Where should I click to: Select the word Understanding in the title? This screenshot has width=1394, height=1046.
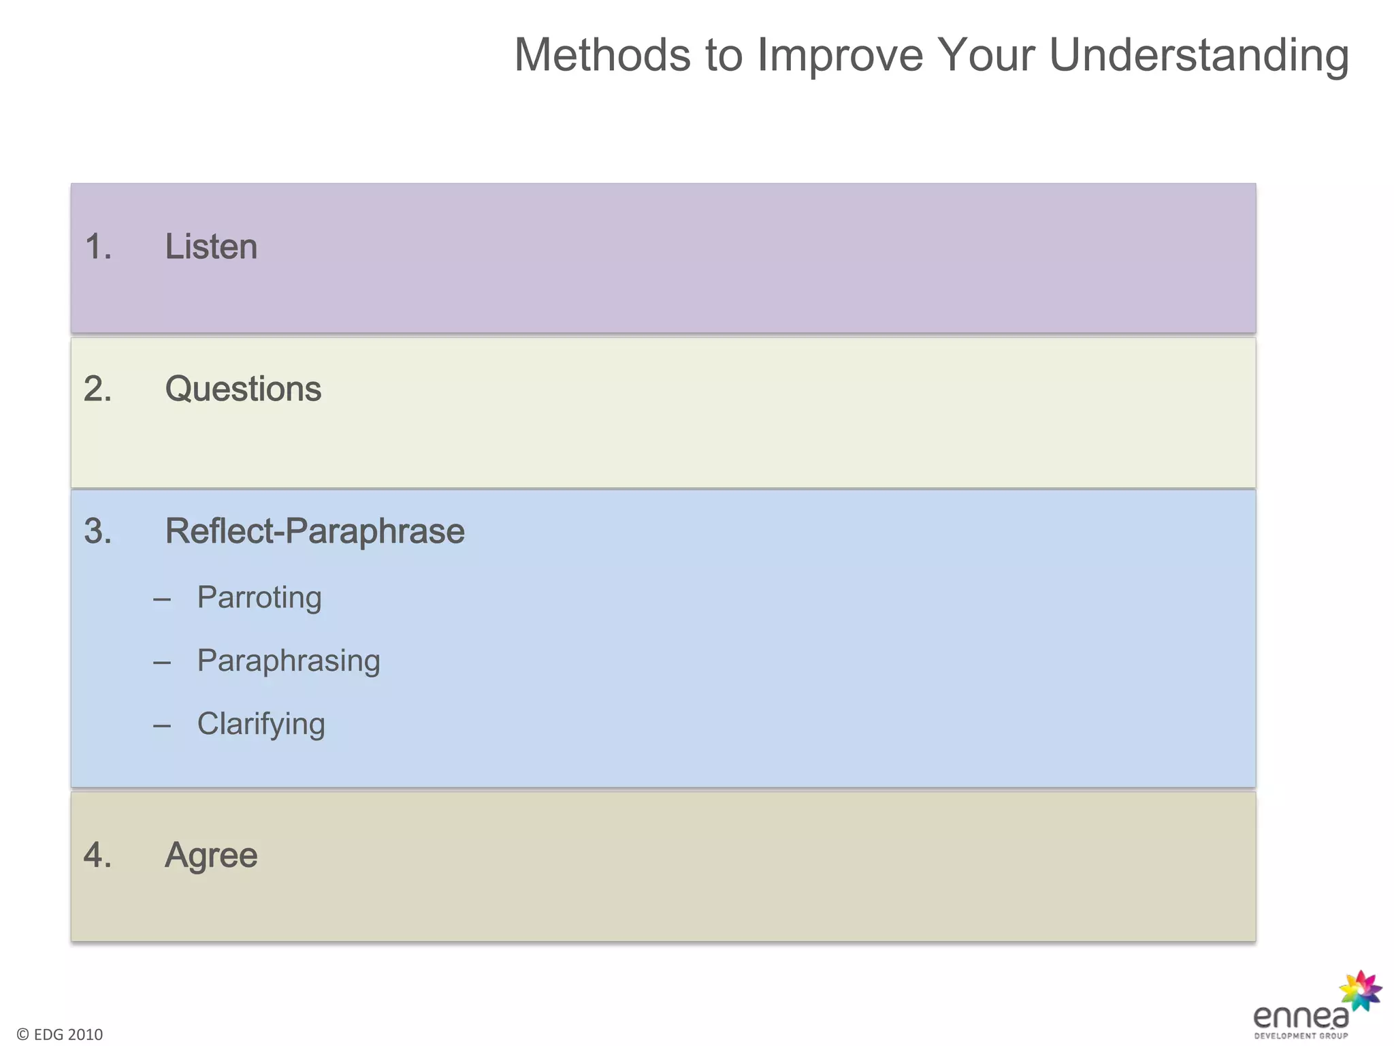pos(1199,56)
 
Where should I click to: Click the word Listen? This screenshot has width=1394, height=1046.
pos(211,247)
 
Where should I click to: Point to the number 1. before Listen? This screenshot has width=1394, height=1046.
pos(98,247)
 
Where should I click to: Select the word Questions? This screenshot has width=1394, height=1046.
pos(243,389)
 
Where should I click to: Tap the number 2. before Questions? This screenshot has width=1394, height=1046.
pos(98,389)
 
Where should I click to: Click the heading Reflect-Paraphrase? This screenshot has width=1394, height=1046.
pos(314,531)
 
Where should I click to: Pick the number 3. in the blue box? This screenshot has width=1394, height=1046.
pos(98,531)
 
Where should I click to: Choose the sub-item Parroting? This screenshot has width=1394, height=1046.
pos(259,597)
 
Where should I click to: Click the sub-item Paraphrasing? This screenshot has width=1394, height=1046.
pos(289,661)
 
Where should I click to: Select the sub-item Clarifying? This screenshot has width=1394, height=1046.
pos(261,724)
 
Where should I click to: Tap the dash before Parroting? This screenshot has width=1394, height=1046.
pos(162,600)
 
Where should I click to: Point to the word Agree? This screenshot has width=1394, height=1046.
pos(211,855)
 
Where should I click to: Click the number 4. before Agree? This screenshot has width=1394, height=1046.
pos(98,855)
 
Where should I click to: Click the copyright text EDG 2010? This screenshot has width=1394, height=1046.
pos(60,1034)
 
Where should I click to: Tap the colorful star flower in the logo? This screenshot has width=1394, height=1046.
pos(1360,991)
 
